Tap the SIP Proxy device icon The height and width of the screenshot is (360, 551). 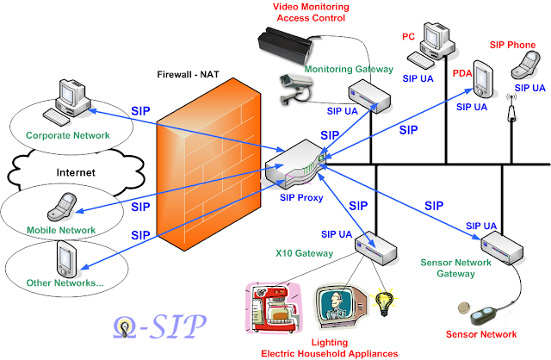pos(294,163)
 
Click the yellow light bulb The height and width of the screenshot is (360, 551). pos(383,301)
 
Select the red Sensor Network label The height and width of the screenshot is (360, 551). pos(480,333)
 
